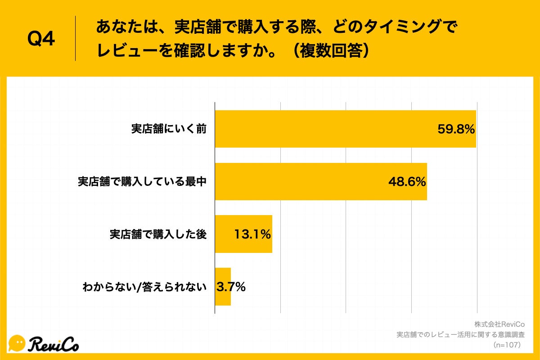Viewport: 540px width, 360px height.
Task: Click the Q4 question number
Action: point(41,39)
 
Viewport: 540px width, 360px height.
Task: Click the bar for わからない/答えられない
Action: point(222,287)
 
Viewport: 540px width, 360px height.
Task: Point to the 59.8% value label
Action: point(456,130)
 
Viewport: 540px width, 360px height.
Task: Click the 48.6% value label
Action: point(407,182)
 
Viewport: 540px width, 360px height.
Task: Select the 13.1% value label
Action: point(252,234)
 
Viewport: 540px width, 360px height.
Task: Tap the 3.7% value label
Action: point(231,287)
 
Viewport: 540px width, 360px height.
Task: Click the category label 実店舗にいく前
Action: point(169,129)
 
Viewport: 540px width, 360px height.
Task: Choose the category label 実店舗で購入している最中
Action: point(142,182)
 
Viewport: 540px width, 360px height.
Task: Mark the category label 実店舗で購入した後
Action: point(158,234)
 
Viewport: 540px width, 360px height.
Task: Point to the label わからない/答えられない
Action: point(144,287)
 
